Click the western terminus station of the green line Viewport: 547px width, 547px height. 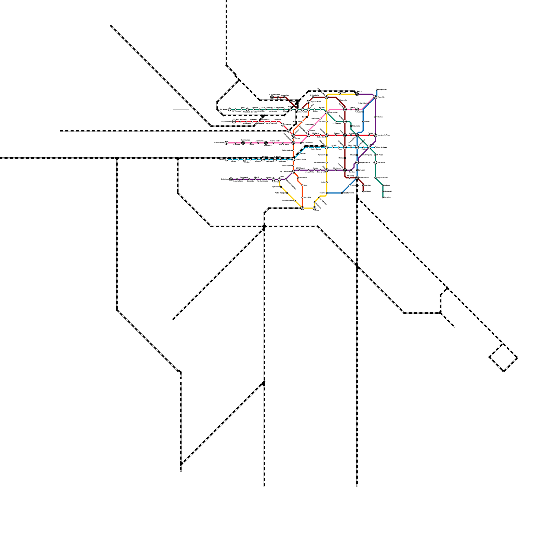click(x=229, y=109)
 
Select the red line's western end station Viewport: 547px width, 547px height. click(x=234, y=121)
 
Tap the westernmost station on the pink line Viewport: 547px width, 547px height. click(x=226, y=143)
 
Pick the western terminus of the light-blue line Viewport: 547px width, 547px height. click(x=226, y=159)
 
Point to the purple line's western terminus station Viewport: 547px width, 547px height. click(x=231, y=179)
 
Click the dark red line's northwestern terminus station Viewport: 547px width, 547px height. click(x=272, y=97)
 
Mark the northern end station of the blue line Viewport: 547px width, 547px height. click(x=377, y=90)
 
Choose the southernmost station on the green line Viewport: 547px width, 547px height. click(x=383, y=198)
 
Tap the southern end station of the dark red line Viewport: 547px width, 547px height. click(x=363, y=191)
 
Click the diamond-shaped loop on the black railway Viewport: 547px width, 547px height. click(x=503, y=358)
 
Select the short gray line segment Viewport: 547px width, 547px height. click(x=181, y=109)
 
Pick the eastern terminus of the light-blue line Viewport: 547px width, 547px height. click(x=375, y=147)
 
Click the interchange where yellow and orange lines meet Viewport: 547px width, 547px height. click(x=302, y=208)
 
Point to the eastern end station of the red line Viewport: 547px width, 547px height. click(x=375, y=135)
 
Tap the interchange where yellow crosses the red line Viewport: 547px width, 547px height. click(x=327, y=135)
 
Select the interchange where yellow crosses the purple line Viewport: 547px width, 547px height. click(x=327, y=170)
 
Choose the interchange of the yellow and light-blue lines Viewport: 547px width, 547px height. click(x=327, y=147)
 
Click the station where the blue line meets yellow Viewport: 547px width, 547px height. click(x=327, y=193)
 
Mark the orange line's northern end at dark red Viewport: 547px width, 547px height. click(x=308, y=102)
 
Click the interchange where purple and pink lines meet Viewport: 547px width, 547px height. click(x=375, y=97)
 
